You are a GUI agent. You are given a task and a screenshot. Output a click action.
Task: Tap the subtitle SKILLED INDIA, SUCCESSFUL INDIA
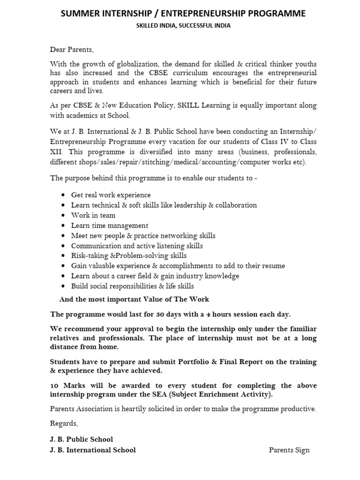(x=183, y=26)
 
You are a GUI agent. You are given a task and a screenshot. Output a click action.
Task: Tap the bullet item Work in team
(x=93, y=215)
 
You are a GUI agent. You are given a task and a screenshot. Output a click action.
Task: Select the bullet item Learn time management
(x=109, y=225)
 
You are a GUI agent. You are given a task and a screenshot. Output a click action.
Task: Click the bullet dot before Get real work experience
(x=63, y=195)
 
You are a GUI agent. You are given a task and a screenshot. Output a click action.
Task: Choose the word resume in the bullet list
(x=274, y=266)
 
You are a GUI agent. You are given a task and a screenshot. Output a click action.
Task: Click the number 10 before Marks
(x=54, y=385)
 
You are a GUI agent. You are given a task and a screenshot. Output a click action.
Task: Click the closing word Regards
(x=64, y=423)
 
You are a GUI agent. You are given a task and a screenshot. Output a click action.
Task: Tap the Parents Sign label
(x=289, y=450)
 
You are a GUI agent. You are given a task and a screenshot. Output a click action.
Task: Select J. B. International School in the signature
(x=93, y=450)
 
